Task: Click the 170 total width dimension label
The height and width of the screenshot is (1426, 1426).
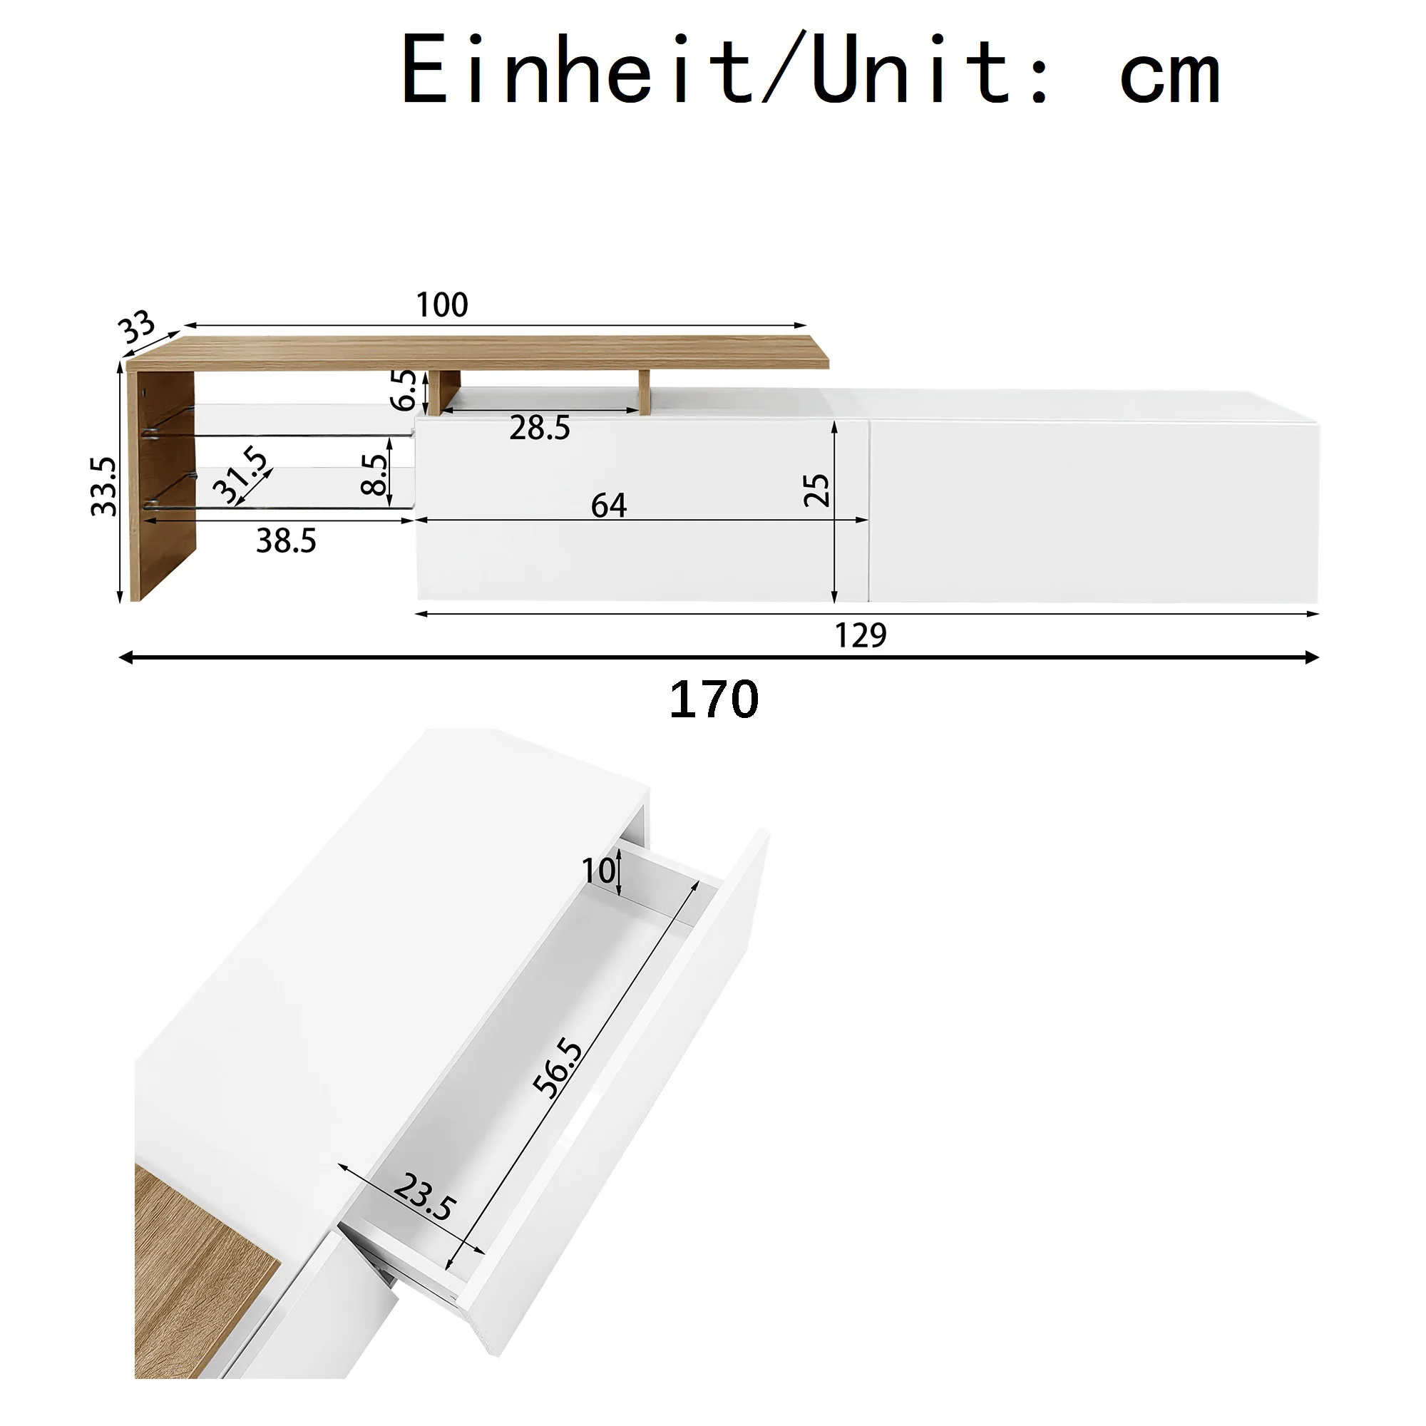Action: [714, 699]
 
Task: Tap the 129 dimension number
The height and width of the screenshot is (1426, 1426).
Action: [860, 635]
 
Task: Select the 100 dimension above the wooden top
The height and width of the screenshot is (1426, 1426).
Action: [442, 305]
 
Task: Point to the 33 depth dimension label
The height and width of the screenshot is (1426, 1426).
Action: [138, 327]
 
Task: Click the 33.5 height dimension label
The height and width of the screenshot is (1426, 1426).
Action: [104, 486]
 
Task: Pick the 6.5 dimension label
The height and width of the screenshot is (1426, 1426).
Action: [403, 390]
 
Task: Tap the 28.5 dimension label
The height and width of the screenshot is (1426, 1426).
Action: [540, 428]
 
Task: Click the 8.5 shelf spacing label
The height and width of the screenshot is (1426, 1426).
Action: [374, 475]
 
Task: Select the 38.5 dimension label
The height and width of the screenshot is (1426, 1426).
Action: [287, 541]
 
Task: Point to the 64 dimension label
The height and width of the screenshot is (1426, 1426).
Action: [608, 506]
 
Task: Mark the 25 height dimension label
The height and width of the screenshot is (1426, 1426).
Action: [816, 490]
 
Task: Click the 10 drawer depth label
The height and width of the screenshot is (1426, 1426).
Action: [598, 871]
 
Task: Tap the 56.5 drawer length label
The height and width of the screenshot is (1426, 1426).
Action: [558, 1068]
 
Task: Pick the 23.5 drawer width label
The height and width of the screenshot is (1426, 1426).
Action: [425, 1197]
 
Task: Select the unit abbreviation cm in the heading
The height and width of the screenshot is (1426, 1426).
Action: [1169, 78]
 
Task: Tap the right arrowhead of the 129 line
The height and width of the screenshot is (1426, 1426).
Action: [1313, 613]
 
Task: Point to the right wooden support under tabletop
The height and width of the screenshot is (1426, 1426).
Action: [645, 392]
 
